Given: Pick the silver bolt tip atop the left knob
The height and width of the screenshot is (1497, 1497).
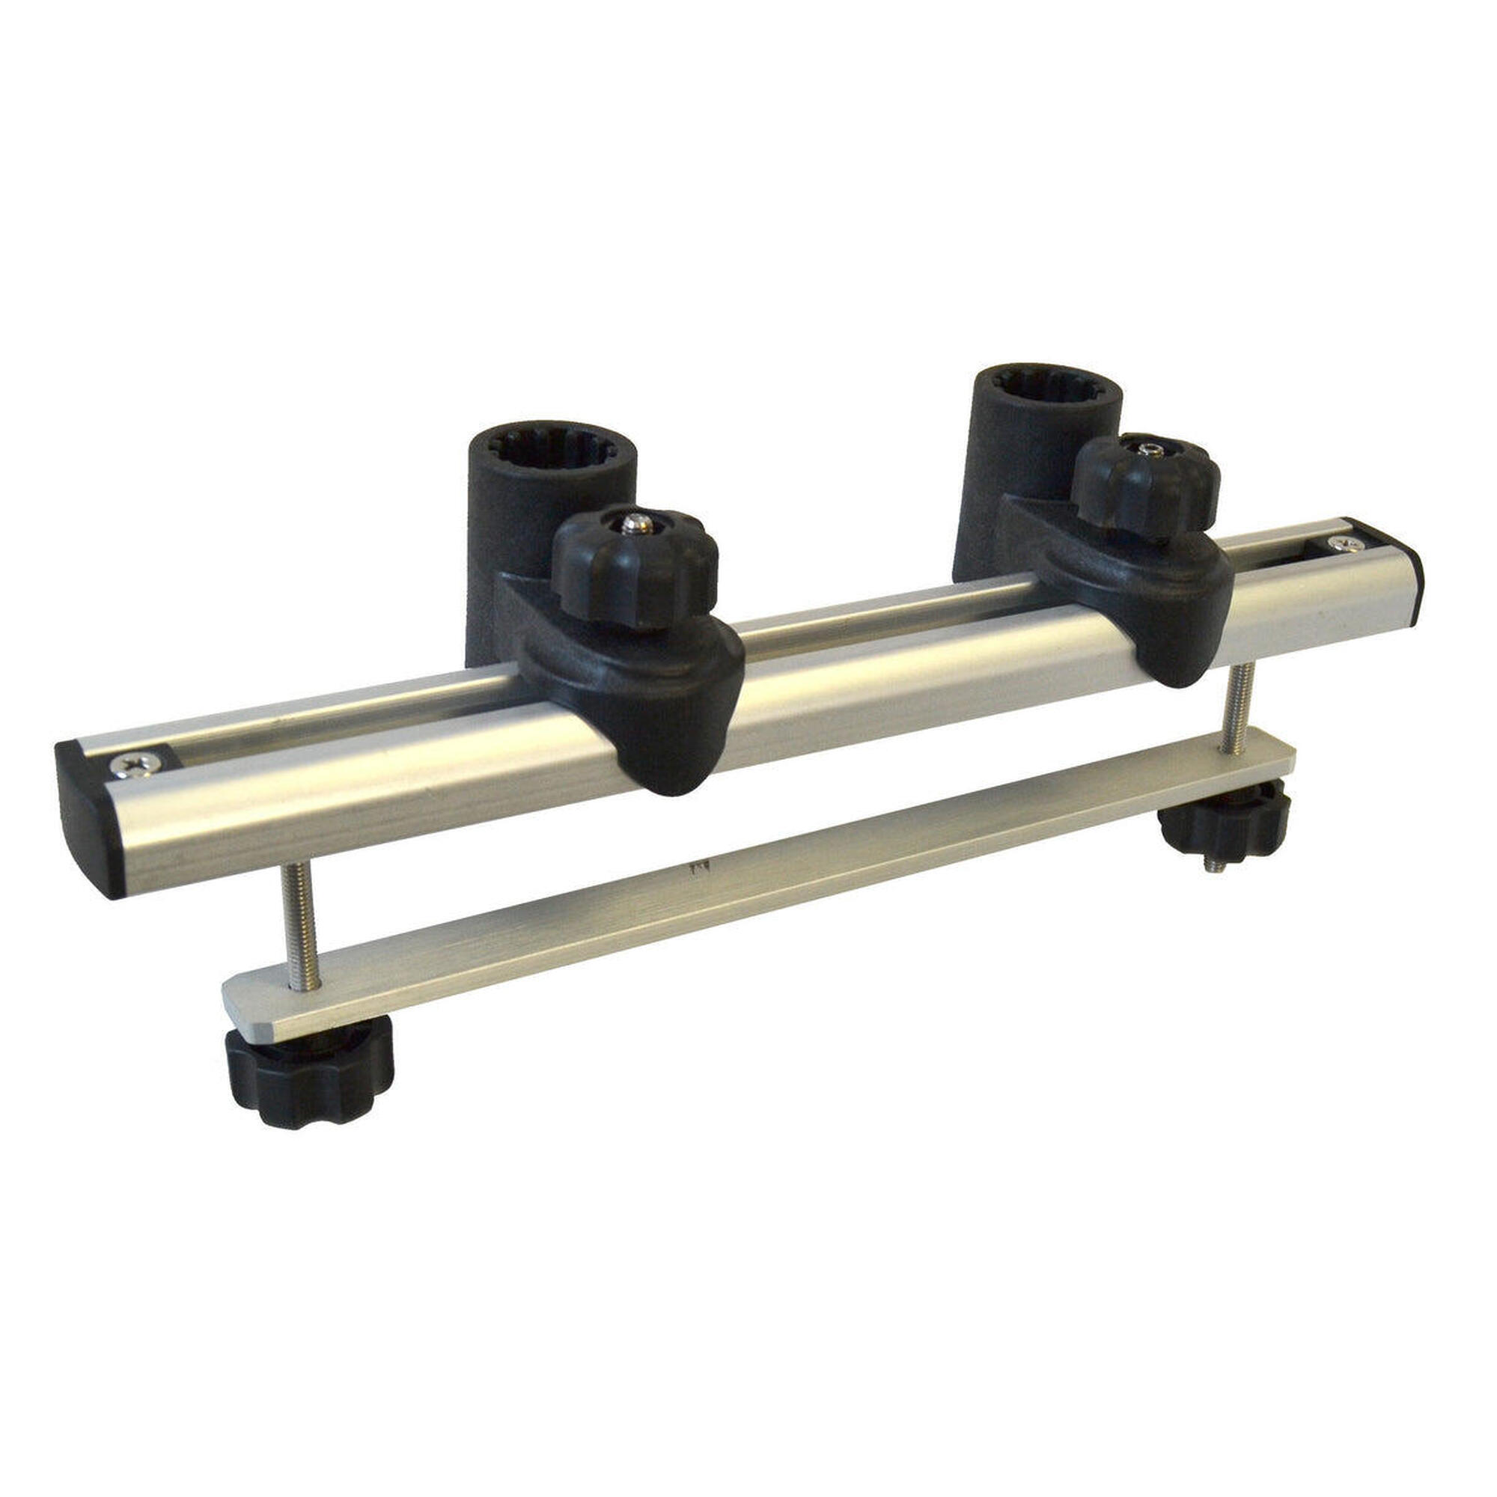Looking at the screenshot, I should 637,524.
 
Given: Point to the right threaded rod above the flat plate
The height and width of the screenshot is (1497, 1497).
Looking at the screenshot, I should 1237,709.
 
